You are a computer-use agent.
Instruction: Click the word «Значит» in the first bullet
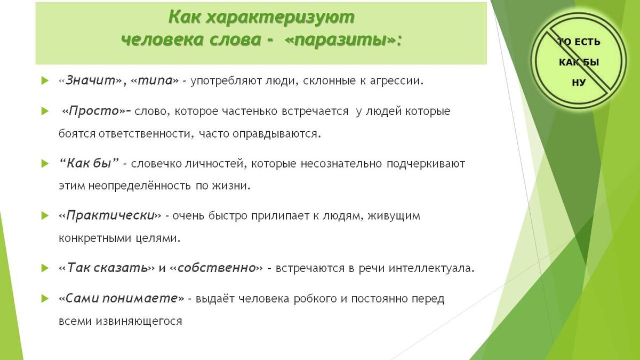click(91, 81)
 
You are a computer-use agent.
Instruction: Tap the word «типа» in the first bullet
click(155, 81)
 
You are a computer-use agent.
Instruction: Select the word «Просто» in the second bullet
click(94, 111)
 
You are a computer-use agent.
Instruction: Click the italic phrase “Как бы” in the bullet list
click(89, 163)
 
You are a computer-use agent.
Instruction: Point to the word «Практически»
click(110, 215)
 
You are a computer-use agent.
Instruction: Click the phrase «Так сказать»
click(107, 268)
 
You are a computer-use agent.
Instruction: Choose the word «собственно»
click(217, 268)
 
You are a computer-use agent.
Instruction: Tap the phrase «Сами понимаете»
click(122, 299)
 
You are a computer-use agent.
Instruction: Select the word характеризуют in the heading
click(279, 17)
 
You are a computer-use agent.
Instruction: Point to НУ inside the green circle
click(579, 83)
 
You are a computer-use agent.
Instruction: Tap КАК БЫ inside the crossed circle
click(579, 62)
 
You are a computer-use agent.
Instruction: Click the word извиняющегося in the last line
click(139, 321)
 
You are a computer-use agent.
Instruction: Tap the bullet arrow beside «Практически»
click(45, 215)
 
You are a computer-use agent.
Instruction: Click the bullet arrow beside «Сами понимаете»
click(45, 299)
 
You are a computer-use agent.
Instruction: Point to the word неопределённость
click(139, 186)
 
